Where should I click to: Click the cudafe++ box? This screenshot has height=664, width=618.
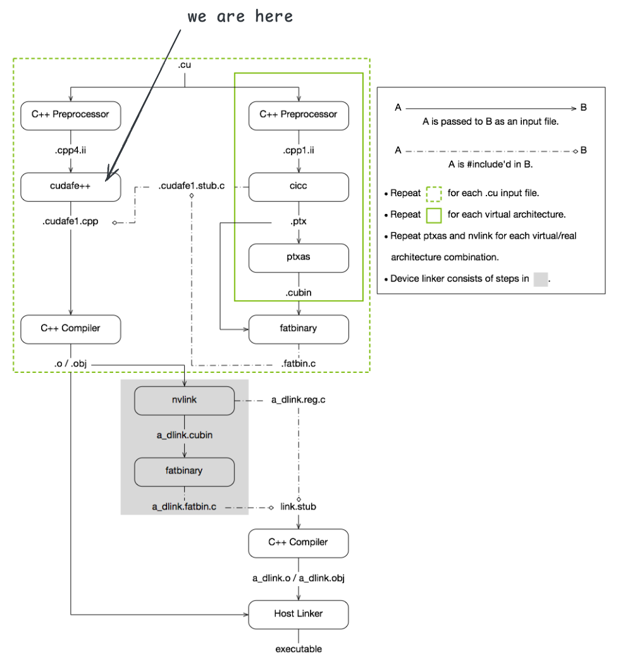pos(70,187)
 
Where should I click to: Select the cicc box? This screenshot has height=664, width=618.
pos(299,187)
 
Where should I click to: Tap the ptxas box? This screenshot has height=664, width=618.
pos(299,258)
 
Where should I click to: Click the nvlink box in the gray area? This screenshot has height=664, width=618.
pos(184,400)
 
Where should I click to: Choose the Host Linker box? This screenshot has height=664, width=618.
pos(299,614)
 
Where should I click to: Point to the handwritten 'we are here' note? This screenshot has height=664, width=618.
pos(240,16)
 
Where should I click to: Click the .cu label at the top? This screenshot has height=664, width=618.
pos(184,65)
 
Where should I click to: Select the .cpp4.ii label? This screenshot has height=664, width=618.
pos(70,151)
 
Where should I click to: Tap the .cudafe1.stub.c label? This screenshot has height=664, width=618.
pos(192,187)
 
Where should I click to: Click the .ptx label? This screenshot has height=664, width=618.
pos(299,223)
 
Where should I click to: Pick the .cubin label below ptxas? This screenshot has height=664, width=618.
pos(299,293)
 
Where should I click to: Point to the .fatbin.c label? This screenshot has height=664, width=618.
pos(299,365)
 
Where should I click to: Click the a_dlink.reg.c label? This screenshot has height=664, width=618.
pos(299,400)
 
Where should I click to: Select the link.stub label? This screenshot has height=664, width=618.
pos(299,507)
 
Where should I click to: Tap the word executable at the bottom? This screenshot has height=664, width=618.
pos(299,649)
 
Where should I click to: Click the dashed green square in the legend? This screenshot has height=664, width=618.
pos(434,192)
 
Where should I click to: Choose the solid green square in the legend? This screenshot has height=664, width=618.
pos(434,214)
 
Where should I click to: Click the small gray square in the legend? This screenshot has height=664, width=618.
pos(540,279)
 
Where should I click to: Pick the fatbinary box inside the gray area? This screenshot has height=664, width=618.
pos(184,472)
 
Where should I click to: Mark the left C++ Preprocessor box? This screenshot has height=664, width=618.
pos(70,115)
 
